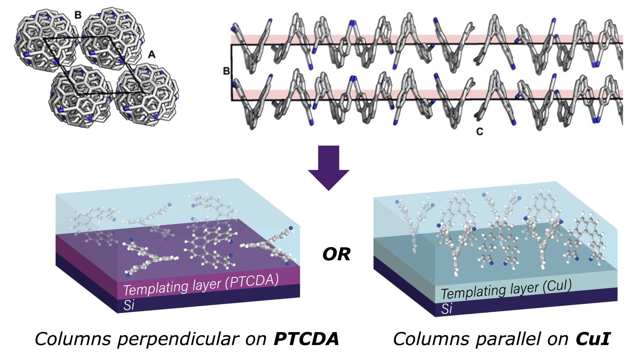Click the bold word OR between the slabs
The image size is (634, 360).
click(336, 254)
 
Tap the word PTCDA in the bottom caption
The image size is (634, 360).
click(306, 339)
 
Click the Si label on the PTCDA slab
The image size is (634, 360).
click(129, 305)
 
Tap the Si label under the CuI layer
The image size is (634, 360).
click(446, 309)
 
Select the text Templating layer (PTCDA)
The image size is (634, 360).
click(201, 284)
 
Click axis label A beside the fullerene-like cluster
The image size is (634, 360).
click(151, 55)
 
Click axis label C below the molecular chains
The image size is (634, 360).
click(479, 132)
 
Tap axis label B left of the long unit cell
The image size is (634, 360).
click(226, 71)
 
